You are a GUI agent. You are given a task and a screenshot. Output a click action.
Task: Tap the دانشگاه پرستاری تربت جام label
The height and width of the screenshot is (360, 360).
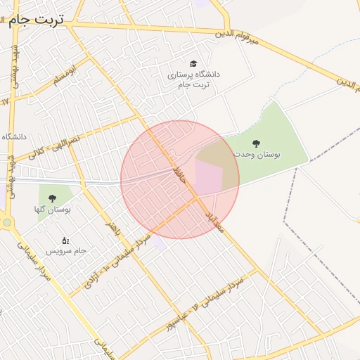click(193, 79)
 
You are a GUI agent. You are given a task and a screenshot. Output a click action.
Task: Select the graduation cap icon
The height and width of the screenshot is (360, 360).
click(193, 63)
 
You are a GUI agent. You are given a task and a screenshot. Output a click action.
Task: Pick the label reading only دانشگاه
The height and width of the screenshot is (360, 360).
click(13, 136)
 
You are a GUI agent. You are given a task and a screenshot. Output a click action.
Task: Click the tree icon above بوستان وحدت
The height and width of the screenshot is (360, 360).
click(255, 143)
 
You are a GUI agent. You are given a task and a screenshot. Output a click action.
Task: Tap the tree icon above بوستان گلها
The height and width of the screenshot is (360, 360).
click(51, 197)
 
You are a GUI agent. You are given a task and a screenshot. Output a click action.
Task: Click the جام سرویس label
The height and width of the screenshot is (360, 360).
click(66, 250)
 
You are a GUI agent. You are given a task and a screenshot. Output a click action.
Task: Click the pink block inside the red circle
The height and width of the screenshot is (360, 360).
click(208, 178)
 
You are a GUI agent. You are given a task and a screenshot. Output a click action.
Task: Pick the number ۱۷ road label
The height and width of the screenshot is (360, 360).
click(6, 101)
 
